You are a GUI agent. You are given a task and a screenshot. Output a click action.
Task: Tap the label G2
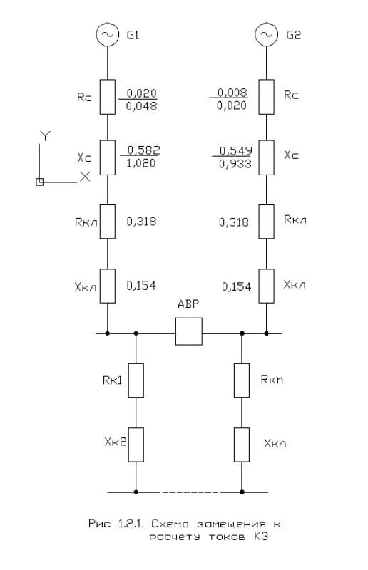point(293,35)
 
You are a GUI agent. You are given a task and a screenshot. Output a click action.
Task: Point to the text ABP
point(188,304)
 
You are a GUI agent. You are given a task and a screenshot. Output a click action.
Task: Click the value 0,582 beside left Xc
point(143,150)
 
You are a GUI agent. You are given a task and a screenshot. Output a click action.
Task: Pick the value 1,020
point(141,163)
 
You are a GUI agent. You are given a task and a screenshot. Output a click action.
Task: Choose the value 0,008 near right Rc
point(232,93)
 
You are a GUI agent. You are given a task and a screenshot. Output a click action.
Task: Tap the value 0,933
point(235,164)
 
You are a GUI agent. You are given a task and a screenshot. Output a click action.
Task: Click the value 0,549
point(236,151)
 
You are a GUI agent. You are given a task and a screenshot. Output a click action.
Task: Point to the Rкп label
point(272,380)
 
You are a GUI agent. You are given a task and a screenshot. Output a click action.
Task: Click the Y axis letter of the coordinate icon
point(45,136)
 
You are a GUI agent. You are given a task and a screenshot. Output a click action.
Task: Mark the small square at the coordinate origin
point(40,182)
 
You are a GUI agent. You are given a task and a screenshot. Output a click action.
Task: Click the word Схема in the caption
point(170,524)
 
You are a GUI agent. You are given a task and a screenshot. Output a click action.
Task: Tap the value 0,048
point(142,106)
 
